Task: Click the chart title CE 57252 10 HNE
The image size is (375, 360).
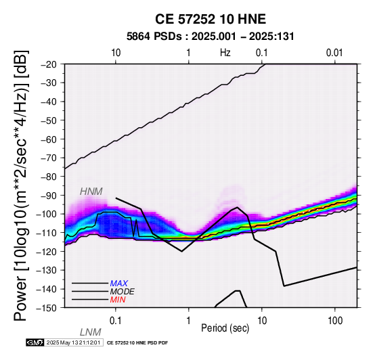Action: (211, 19)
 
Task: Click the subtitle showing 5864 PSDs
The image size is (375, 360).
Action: (211, 37)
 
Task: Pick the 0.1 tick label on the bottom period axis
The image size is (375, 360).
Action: (115, 321)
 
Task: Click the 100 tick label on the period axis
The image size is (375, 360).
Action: (335, 321)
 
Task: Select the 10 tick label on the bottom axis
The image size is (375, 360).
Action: (262, 321)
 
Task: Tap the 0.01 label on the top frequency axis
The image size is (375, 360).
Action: (334, 53)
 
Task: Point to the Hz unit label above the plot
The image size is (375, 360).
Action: (225, 53)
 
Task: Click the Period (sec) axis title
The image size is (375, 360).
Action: (225, 328)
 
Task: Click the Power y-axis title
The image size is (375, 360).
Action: (20, 185)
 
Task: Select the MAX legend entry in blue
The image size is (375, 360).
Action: (119, 284)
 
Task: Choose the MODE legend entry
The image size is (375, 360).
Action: (123, 292)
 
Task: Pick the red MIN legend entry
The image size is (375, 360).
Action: (118, 300)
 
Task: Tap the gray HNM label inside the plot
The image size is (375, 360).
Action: (91, 192)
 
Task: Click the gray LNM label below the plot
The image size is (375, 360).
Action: (91, 332)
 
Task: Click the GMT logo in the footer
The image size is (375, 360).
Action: (35, 342)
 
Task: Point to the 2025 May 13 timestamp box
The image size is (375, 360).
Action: (74, 342)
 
